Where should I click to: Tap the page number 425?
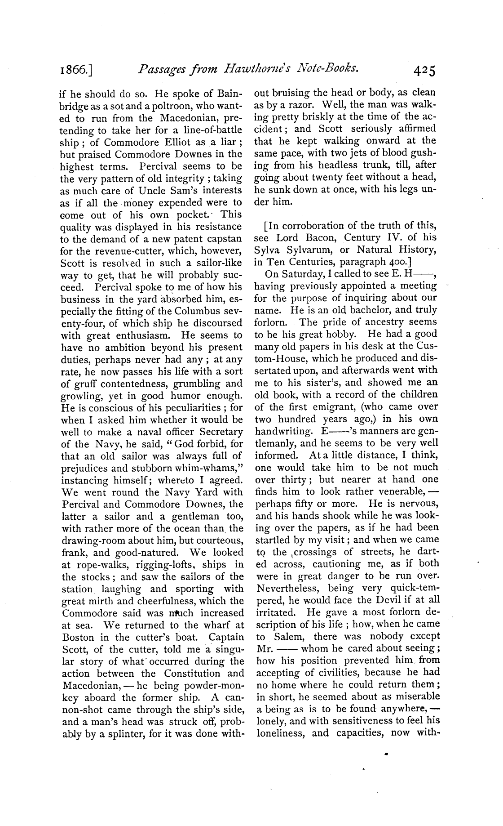coord(424,70)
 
